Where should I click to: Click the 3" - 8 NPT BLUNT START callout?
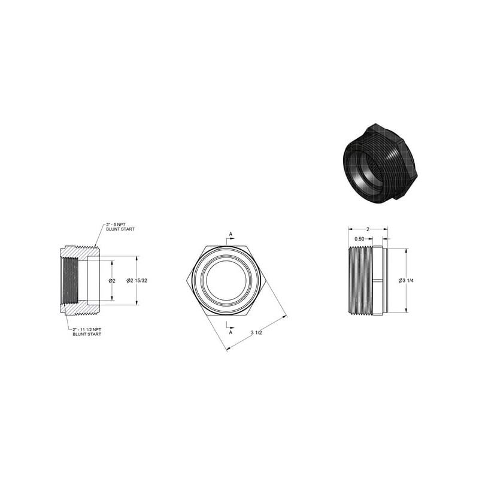[120, 227]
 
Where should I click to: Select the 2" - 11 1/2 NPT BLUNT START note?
[87, 332]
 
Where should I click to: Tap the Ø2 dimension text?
[112, 281]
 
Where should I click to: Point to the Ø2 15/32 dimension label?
[137, 280]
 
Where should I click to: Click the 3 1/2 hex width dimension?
[256, 333]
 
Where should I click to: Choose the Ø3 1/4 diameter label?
[406, 281]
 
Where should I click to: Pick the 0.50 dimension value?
[360, 239]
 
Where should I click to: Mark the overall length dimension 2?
[368, 229]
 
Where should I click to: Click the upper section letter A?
[231, 234]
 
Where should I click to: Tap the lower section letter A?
[231, 332]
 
